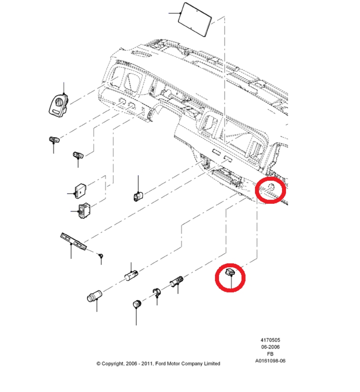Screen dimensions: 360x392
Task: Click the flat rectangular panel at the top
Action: click(195, 20)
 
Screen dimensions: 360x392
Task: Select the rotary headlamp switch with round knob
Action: click(59, 105)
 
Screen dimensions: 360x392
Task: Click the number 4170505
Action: click(270, 340)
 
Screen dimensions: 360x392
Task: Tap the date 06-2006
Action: click(270, 347)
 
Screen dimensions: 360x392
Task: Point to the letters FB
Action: click(270, 354)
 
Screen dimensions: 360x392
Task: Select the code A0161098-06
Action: click(270, 361)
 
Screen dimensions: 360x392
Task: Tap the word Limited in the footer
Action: click(212, 363)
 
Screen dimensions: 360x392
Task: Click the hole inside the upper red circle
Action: click(271, 187)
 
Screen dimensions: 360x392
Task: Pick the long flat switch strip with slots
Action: click(73, 241)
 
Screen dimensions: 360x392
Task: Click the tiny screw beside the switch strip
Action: click(101, 256)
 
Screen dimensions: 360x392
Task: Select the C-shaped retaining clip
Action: click(156, 292)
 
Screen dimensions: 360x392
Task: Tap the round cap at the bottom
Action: click(137, 304)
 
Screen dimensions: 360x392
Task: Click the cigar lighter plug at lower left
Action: click(94, 296)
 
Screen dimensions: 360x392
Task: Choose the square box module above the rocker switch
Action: click(80, 191)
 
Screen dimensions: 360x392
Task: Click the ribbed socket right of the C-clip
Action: click(177, 281)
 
